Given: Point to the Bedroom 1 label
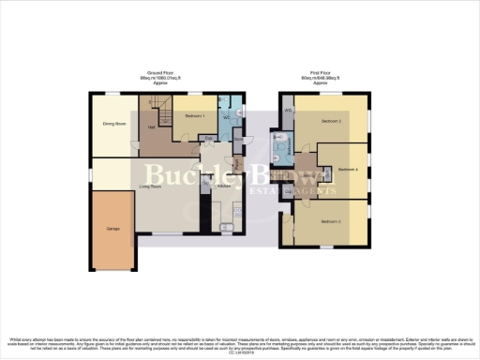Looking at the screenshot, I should coord(196,114).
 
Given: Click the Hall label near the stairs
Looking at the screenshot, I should coord(150,128).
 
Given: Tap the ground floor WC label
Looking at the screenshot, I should coord(228,117).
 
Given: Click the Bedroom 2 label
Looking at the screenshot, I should coord(331,122).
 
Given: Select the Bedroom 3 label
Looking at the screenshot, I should coord(330,221).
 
